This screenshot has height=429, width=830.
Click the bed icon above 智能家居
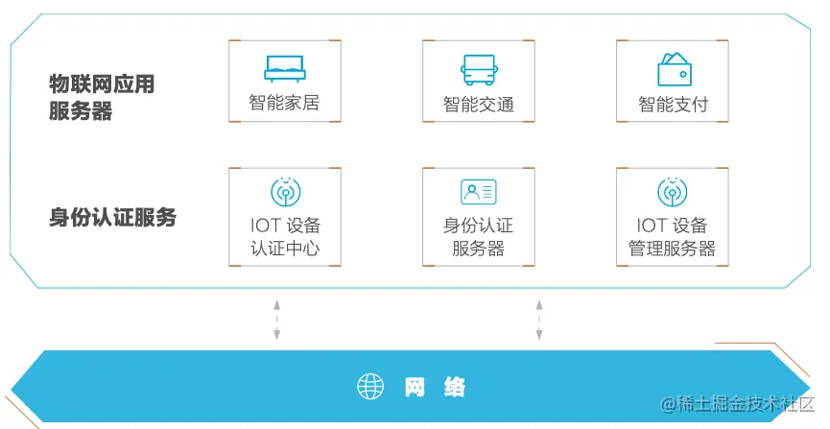pos(284,66)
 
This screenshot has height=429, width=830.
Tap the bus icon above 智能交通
pos(478,68)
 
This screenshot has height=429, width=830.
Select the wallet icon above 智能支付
pos(674,68)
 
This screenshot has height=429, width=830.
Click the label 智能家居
pos(284,102)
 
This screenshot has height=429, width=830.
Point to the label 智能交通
pos(478,104)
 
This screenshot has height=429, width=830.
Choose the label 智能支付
pos(674,104)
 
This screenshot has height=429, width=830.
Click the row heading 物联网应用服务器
pos(101,98)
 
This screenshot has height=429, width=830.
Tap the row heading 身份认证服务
pos(112,217)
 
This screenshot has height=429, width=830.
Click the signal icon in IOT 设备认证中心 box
pos(284,192)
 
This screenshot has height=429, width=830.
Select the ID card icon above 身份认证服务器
pos(478,192)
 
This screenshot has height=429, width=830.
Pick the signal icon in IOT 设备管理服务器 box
pos(673,192)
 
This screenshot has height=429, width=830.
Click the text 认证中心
pos(284,250)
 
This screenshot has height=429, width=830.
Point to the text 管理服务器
pos(673,250)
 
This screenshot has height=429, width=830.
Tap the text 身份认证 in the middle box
pos(478,226)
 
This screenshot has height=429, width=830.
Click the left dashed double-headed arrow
pos(276,319)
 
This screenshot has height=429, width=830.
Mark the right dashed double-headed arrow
pos(539,319)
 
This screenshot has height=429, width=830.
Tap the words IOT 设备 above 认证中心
pos(284,226)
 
